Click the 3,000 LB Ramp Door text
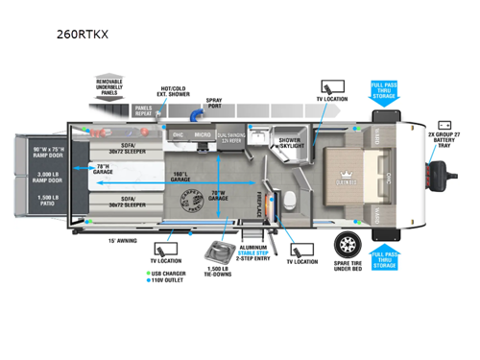coord(45,179)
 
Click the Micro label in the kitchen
coord(203,136)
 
